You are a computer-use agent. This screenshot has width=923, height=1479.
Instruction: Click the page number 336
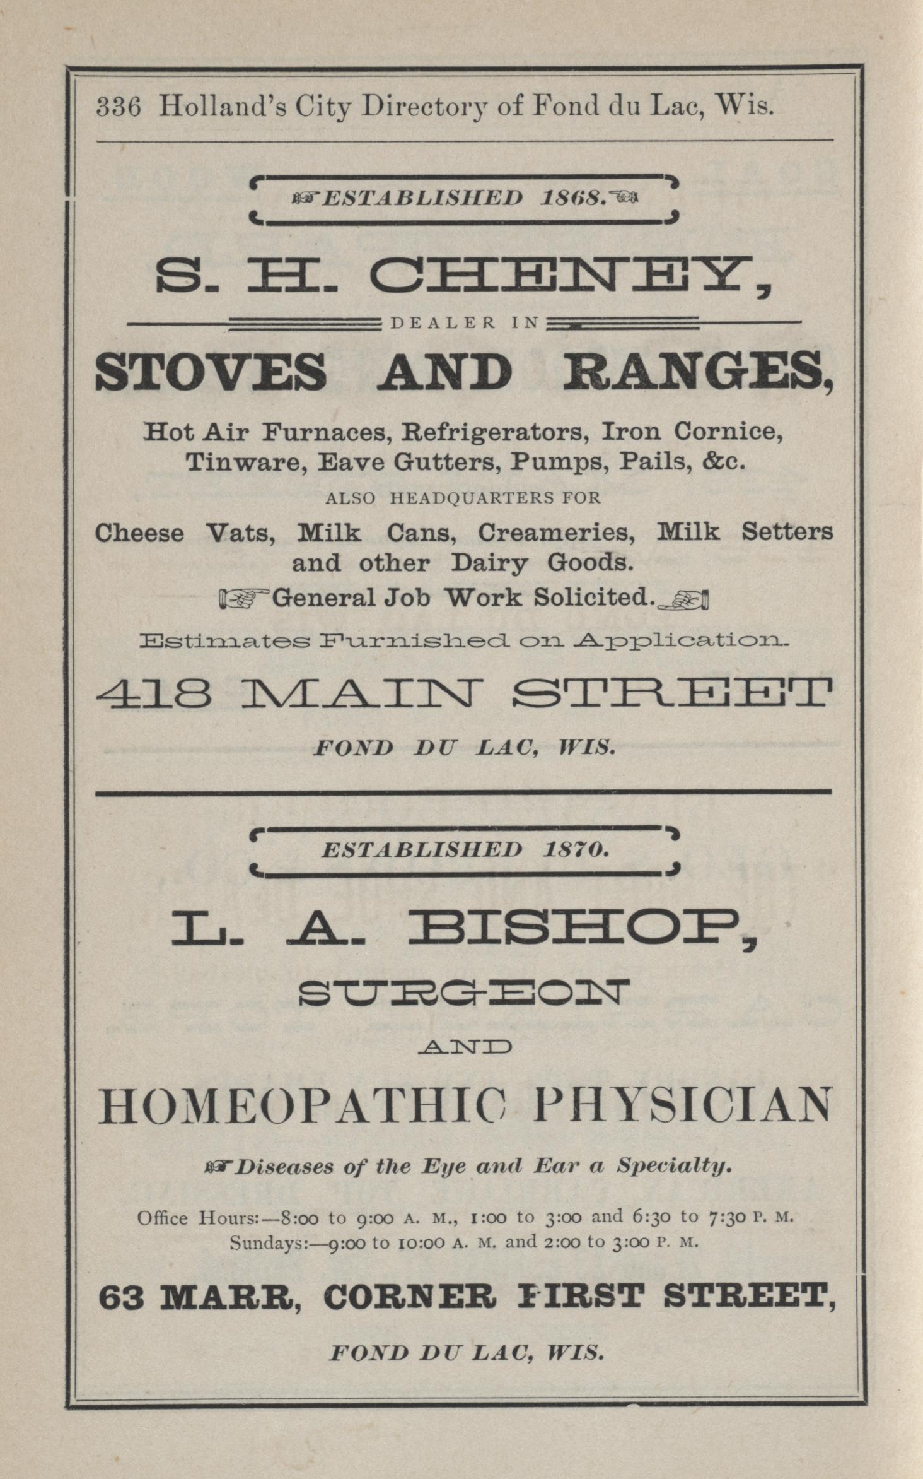point(118,107)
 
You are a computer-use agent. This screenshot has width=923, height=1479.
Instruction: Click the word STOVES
point(211,372)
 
